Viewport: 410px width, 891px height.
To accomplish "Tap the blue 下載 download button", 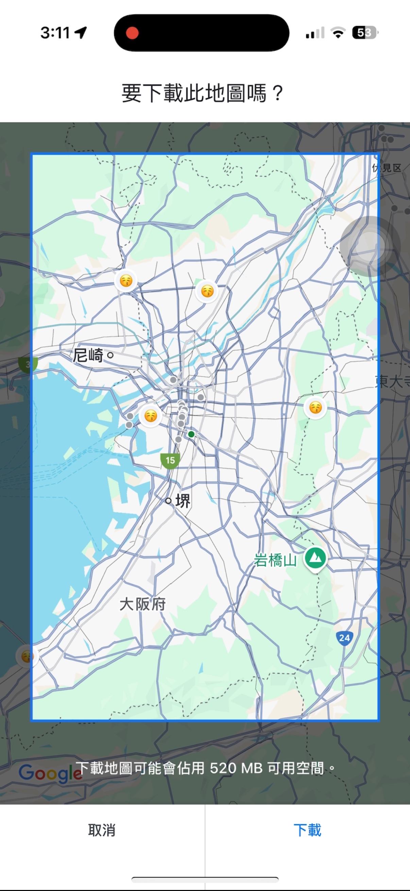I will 307,830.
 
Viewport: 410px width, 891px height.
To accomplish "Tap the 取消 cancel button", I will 102,830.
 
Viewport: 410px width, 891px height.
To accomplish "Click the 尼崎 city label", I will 88,355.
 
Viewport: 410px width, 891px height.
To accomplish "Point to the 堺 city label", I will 183,501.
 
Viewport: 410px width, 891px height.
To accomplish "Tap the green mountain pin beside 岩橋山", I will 315,558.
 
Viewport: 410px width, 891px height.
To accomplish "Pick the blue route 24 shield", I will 344,638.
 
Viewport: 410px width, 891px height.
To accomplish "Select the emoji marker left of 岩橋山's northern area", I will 315,407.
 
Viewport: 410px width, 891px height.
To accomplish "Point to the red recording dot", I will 132,33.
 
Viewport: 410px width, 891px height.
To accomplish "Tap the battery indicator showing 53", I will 365,33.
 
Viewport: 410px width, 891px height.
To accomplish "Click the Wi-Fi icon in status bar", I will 338,33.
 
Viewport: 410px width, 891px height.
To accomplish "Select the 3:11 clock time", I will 55,33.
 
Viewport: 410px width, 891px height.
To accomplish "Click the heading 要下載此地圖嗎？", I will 202,93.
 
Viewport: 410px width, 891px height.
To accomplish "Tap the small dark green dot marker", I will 191,434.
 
